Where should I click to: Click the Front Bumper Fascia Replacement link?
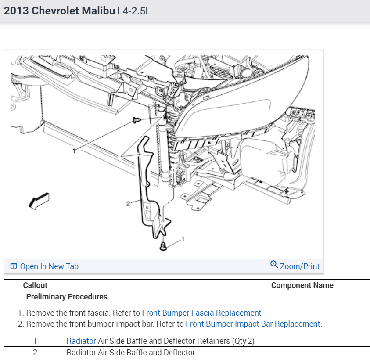point(201,313)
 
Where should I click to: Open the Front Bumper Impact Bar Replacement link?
point(253,324)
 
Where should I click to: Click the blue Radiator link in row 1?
point(81,341)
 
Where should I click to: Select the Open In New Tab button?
point(44,266)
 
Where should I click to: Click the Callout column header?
point(35,285)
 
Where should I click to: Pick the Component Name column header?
point(302,285)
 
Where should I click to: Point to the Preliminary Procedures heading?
point(66,297)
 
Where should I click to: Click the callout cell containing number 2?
point(35,352)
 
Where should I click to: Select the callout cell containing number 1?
point(35,341)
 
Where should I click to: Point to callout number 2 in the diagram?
point(128,203)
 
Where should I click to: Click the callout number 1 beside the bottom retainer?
point(183,239)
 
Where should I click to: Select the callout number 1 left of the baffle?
point(74,151)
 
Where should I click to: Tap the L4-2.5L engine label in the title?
point(134,11)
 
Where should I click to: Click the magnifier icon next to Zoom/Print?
point(274,265)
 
